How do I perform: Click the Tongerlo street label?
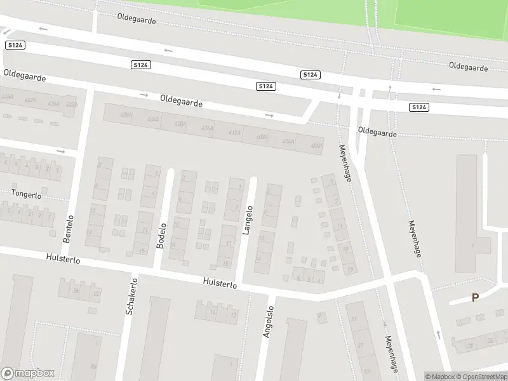pyautogui.click(x=26, y=194)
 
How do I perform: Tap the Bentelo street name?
pyautogui.click(x=69, y=229)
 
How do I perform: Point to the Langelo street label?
pyautogui.click(x=248, y=220)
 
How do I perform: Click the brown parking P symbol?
pyautogui.click(x=474, y=297)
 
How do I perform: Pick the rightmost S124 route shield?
pyautogui.click(x=419, y=107)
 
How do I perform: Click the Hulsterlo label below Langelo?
pyautogui.click(x=220, y=283)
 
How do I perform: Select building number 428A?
pyautogui.click(x=126, y=115)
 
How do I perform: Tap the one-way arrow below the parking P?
pyautogui.click(x=438, y=334)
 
